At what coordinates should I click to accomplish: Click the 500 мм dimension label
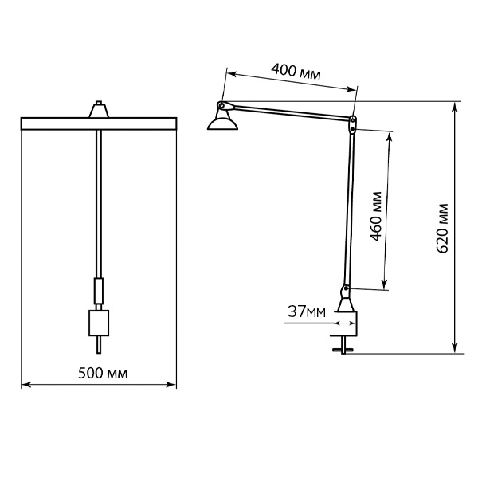pos(103,374)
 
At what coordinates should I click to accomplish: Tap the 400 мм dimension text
pos(296,72)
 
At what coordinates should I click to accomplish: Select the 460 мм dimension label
pos(377,216)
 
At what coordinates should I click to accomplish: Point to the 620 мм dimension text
pos(442,228)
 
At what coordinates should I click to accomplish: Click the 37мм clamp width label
pos(307,311)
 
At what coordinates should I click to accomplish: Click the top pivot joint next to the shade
pos(221,105)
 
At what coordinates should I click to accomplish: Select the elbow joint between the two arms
pos(353,124)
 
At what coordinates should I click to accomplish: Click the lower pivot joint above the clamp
pos(346,290)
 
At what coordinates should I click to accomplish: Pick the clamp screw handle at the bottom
pos(343,350)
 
